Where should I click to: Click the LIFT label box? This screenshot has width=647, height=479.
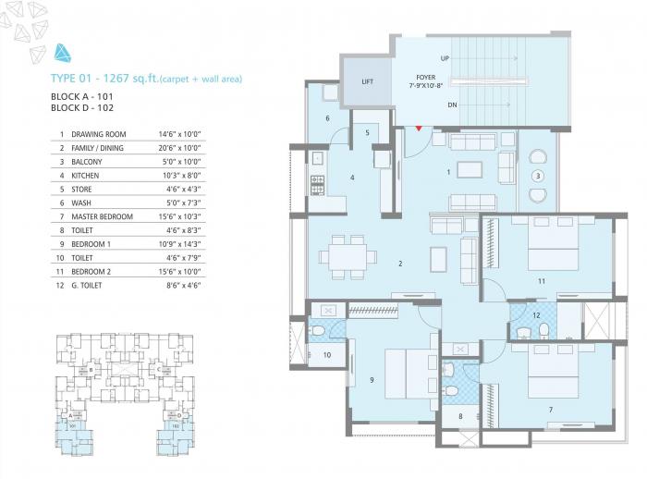pyautogui.click(x=367, y=81)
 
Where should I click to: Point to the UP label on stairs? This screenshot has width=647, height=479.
pyautogui.click(x=445, y=58)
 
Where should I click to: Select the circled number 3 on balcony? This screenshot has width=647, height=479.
pyautogui.click(x=537, y=176)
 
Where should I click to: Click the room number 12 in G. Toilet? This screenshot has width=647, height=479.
pyautogui.click(x=537, y=315)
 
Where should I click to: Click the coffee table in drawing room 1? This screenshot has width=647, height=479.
pyautogui.click(x=470, y=169)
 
